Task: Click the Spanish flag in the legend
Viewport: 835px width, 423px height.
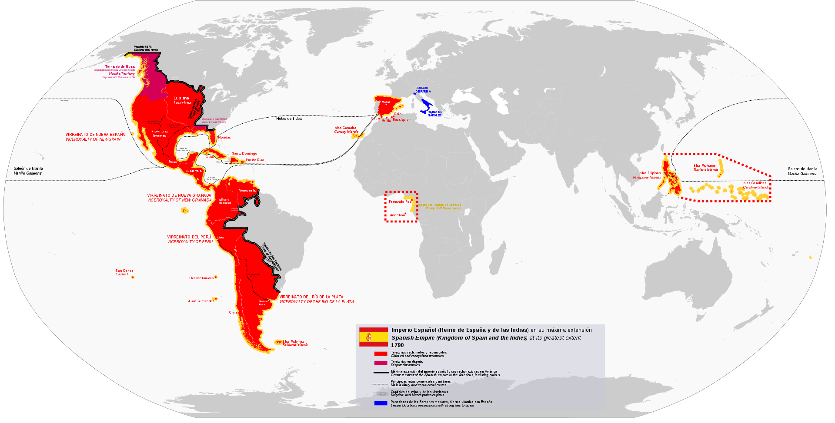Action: tap(373, 337)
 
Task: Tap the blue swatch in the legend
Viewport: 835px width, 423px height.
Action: tap(381, 403)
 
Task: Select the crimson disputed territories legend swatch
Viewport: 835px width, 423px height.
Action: tap(381, 363)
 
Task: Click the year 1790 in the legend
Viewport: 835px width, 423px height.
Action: tap(397, 345)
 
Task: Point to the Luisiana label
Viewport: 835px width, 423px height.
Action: tap(182, 98)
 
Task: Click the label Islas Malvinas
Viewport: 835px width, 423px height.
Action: tap(294, 341)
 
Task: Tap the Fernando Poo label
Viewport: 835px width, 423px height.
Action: tap(400, 202)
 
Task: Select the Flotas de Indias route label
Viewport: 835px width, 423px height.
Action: tap(289, 119)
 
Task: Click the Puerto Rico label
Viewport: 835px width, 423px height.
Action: tap(255, 160)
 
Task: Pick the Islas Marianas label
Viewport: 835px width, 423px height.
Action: tap(705, 165)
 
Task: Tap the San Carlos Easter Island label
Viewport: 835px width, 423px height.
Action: tap(124, 271)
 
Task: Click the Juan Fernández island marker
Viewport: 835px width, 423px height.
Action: tap(215, 299)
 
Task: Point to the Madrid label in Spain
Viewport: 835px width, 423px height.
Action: tap(386, 102)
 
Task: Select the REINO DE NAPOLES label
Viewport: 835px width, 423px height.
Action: tap(434, 113)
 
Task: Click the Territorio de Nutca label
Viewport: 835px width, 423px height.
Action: tap(120, 67)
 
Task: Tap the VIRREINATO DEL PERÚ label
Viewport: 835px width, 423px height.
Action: tap(189, 237)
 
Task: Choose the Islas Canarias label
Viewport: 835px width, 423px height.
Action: tap(345, 128)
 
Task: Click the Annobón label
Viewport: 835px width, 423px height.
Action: tap(397, 215)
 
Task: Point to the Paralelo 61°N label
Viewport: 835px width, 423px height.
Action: tap(143, 46)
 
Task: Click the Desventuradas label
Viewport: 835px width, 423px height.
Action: tap(201, 278)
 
